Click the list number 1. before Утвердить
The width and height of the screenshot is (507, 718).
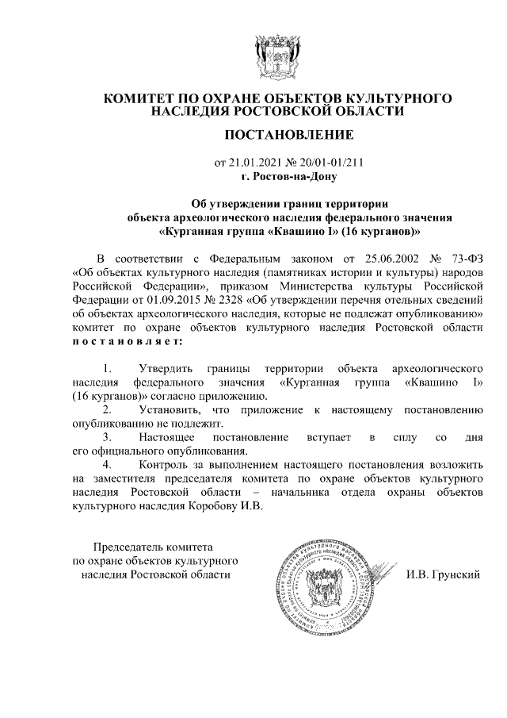point(108,369)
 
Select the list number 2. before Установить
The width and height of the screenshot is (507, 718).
point(108,410)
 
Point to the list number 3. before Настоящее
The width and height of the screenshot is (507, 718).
point(108,438)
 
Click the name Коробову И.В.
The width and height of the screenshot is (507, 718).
point(224,507)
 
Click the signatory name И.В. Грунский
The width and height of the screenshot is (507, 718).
point(444,574)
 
